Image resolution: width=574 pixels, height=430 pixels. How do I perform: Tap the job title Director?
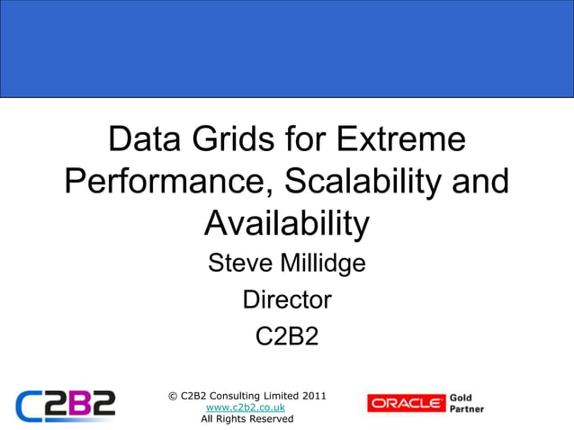click(287, 299)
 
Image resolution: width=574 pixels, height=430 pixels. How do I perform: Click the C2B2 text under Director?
click(287, 336)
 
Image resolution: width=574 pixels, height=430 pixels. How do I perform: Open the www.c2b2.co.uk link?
click(246, 408)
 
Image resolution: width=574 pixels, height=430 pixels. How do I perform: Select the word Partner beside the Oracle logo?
click(467, 409)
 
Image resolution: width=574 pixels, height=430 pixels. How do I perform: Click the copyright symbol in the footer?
click(173, 396)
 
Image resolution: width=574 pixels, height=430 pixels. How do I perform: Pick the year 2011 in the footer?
click(312, 396)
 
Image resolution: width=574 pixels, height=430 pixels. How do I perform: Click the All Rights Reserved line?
click(247, 419)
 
